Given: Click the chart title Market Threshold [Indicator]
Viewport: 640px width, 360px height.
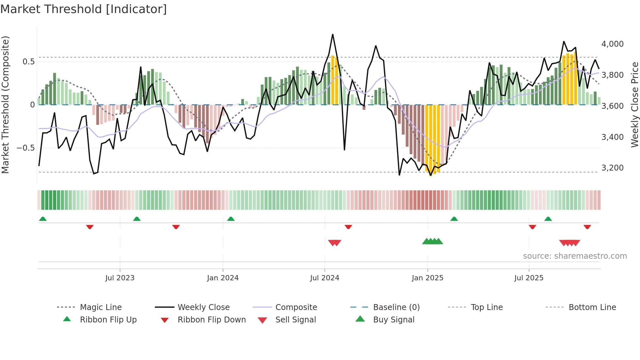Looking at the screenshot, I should [x=84, y=9].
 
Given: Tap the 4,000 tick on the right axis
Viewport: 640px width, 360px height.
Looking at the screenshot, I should [x=612, y=44].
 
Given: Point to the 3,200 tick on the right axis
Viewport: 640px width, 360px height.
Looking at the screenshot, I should [x=612, y=168].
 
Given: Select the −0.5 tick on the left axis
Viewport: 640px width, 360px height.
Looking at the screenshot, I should [x=25, y=148].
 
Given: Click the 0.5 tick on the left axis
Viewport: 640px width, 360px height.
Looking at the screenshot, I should [x=28, y=62].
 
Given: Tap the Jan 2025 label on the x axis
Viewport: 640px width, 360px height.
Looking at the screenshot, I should [x=427, y=278].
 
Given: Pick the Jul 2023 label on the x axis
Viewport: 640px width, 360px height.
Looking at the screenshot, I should [x=120, y=278].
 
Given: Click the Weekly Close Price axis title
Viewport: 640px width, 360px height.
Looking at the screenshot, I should [x=634, y=105].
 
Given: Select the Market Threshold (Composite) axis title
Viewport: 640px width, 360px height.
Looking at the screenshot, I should [x=5, y=105].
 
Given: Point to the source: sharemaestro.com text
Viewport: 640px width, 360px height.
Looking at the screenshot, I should [x=575, y=256].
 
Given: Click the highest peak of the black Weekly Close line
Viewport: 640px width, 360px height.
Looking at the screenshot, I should [x=333, y=35].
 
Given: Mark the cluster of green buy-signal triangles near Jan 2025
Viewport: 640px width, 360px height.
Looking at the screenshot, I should [x=433, y=241].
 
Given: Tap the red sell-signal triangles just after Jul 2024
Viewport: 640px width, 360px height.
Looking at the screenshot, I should [x=335, y=243].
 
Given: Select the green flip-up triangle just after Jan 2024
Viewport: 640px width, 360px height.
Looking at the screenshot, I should [x=231, y=219].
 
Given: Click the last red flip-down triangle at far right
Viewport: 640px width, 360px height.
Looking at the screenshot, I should [x=587, y=227].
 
